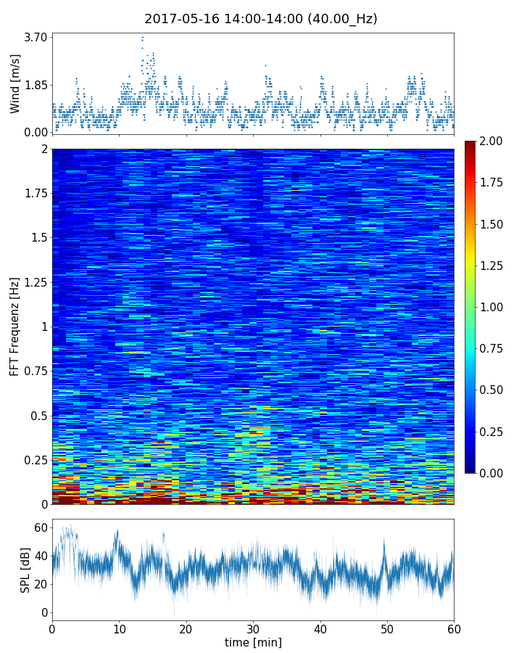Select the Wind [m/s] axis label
tap(15, 84)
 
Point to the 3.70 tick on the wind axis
tap(35, 37)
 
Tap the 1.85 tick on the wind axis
tap(35, 84)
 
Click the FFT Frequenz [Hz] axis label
tap(15, 326)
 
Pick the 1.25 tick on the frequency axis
tap(34, 282)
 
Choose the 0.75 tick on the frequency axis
tap(34, 371)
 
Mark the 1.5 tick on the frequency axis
tap(38, 237)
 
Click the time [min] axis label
tap(253, 642)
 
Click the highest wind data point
tap(143, 37)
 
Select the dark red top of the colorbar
tap(471, 144)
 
